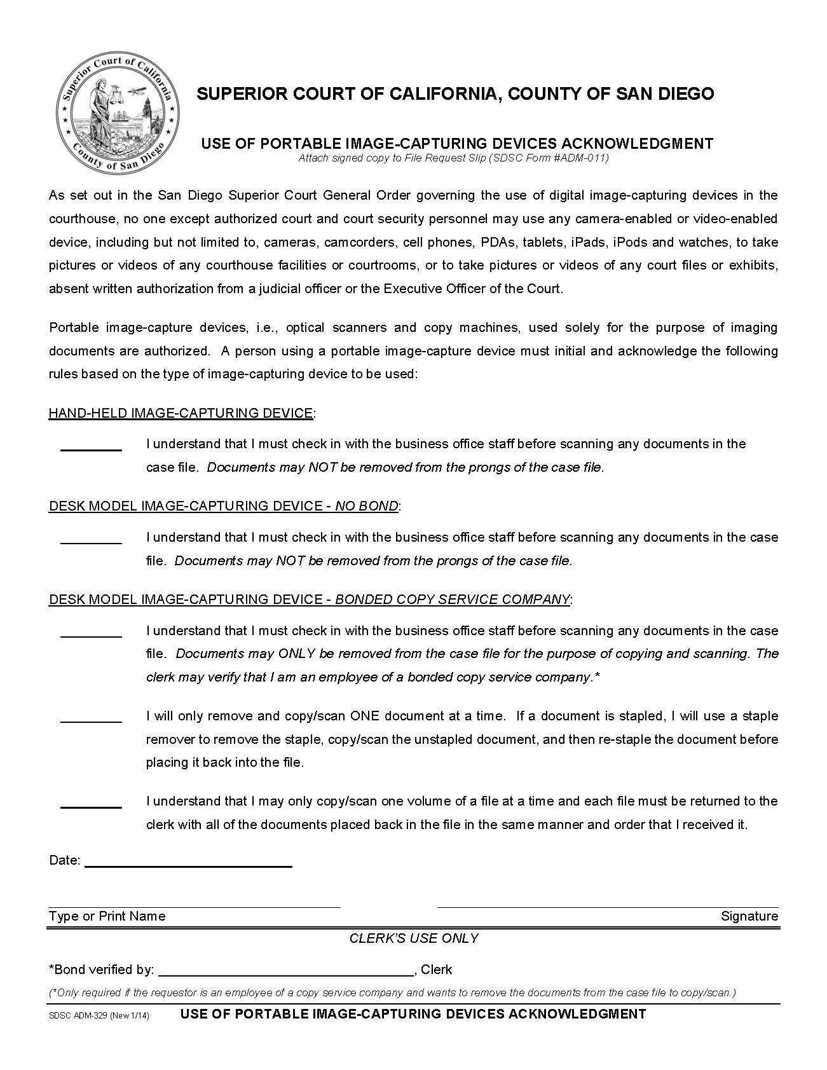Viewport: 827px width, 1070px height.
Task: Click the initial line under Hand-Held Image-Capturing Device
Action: pyautogui.click(x=91, y=449)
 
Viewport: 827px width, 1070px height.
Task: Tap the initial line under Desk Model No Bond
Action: pyautogui.click(x=91, y=543)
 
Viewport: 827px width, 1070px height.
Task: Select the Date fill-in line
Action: pyautogui.click(x=188, y=866)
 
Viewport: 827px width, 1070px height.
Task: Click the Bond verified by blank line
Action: pyautogui.click(x=285, y=975)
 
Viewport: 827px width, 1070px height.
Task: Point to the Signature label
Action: pyautogui.click(x=749, y=916)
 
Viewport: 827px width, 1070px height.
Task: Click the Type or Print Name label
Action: pyautogui.click(x=107, y=916)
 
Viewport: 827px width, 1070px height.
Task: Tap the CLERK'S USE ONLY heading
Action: pyautogui.click(x=414, y=938)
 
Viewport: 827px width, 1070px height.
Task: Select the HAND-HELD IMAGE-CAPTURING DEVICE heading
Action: pyautogui.click(x=181, y=413)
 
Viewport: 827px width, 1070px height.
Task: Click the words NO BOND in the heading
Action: pyautogui.click(x=367, y=506)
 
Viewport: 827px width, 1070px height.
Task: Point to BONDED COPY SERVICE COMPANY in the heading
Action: pyautogui.click(x=452, y=600)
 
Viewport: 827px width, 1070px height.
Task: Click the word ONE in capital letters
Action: pyautogui.click(x=364, y=716)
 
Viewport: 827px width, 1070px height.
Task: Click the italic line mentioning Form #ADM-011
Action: pyautogui.click(x=453, y=158)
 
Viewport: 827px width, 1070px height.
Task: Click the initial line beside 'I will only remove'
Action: pyautogui.click(x=91, y=722)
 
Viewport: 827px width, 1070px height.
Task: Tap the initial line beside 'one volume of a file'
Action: pyautogui.click(x=91, y=807)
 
